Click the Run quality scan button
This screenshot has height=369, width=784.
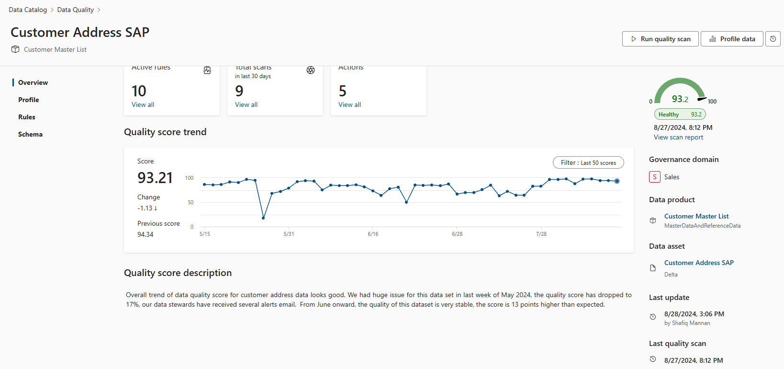click(661, 39)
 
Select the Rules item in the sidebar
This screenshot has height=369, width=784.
click(27, 117)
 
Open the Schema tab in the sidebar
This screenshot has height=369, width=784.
click(30, 134)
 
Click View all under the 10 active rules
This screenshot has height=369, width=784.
click(143, 104)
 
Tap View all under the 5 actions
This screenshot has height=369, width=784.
click(349, 104)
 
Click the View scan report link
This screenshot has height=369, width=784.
click(678, 137)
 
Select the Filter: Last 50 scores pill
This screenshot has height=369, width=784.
click(588, 162)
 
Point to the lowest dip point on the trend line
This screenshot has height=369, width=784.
click(263, 218)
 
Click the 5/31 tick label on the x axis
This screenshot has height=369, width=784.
click(289, 234)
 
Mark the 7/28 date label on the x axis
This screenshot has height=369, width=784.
click(541, 234)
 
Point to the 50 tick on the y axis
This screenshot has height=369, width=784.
click(190, 202)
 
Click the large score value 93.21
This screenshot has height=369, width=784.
click(155, 178)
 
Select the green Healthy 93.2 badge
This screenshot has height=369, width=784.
click(680, 114)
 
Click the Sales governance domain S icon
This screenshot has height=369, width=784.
click(654, 177)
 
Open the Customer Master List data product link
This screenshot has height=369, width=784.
click(696, 216)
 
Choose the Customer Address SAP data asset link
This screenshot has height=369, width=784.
click(699, 263)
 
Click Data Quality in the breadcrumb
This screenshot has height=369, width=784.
click(76, 10)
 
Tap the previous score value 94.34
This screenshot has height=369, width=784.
click(146, 234)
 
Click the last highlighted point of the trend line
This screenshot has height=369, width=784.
click(617, 181)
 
